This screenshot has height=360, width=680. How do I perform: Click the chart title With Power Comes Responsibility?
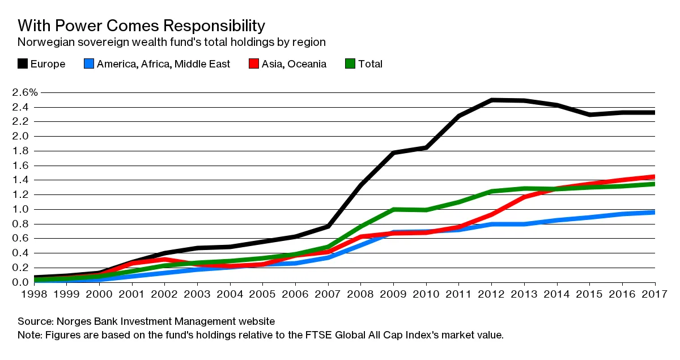click(141, 26)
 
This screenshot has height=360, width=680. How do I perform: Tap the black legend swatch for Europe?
click(23, 63)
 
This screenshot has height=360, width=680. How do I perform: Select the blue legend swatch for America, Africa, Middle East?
click(89, 63)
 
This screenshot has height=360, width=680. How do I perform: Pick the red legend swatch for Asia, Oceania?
click(254, 63)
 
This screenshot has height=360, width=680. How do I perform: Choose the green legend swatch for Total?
click(350, 63)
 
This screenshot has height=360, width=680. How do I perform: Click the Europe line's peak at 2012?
click(492, 100)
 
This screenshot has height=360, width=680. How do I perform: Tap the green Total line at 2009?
click(393, 209)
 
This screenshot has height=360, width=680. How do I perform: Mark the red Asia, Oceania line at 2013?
click(524, 197)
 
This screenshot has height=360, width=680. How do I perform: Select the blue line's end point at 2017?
click(654, 212)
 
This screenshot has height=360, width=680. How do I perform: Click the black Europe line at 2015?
click(590, 115)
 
